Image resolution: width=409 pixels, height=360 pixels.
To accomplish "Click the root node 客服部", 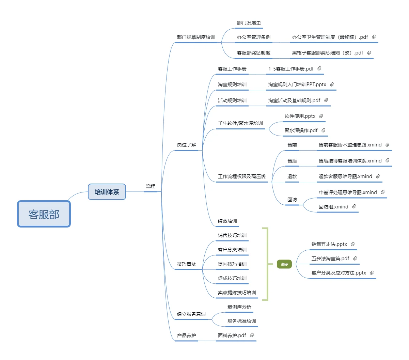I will (x=44, y=214).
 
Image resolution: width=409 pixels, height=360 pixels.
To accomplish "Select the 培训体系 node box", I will (x=107, y=192).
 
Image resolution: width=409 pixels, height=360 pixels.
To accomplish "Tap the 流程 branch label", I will (x=150, y=186).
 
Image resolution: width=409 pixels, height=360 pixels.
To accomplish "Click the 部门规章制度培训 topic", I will (x=196, y=37).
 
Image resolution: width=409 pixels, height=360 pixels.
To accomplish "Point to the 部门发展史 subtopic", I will (x=249, y=23).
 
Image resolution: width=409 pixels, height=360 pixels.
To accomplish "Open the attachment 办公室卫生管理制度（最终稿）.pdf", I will (x=330, y=37).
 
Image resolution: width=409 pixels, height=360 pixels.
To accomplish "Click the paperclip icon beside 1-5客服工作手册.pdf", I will (x=319, y=68).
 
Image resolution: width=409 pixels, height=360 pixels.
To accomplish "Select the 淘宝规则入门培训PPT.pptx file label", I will (x=297, y=84).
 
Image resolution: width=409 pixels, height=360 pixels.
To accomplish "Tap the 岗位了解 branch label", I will (x=187, y=145).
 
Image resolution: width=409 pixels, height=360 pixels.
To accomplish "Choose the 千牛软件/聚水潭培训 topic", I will (x=240, y=123).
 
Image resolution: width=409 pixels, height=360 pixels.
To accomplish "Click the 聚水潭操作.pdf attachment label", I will (x=301, y=130).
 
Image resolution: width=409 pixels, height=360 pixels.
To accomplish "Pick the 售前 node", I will (x=292, y=145).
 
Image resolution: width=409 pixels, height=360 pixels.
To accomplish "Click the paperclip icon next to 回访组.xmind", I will (x=354, y=206).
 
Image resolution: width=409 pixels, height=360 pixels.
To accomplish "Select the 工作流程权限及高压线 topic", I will (x=242, y=176).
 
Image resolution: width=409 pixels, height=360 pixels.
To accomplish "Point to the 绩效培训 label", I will (x=227, y=221).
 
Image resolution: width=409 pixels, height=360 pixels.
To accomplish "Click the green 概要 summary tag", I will (x=284, y=264).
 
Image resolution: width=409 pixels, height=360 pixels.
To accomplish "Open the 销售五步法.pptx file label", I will (x=329, y=244).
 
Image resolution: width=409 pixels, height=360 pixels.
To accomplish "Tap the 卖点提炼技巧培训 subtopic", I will (x=237, y=293).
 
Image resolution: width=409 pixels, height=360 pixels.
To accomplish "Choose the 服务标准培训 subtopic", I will (x=242, y=321).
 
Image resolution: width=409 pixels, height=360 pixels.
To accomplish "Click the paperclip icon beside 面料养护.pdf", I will (x=252, y=335).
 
